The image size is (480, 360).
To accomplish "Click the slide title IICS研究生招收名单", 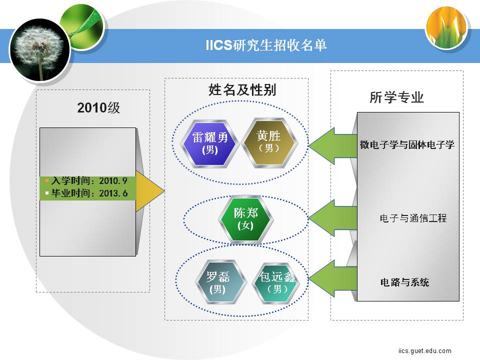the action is coord(266,45).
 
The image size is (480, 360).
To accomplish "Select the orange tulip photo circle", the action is coord(446,28).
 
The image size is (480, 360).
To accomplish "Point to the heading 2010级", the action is coord(98,108).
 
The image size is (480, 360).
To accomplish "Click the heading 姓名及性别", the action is coord(242,89).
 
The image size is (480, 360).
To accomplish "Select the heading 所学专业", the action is coord(396,97).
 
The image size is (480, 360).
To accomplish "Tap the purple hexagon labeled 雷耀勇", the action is coord(209,143).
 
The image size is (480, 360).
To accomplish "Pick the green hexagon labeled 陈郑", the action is coord(245,218).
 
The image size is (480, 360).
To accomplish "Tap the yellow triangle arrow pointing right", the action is coord(150,191).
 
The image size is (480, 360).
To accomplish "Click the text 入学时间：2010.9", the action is coord(89,181).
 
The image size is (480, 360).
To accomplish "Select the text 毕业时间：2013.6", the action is coord(89,193).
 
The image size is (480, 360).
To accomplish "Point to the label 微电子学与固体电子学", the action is coord(407,144).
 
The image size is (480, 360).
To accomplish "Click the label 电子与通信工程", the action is coord(413,218).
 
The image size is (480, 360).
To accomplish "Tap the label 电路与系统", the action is coord(404,282).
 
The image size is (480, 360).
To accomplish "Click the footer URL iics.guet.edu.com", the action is coord(424,350).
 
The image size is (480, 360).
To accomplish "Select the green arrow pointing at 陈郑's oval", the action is coord(333,218).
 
